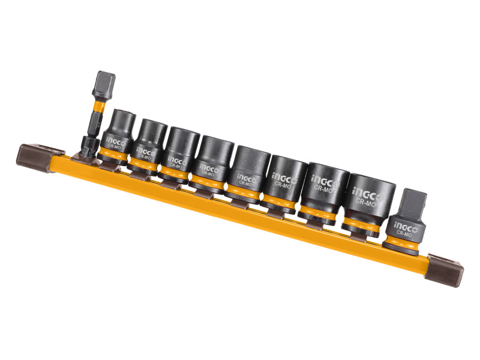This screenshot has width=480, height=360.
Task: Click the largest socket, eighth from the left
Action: [x=370, y=198]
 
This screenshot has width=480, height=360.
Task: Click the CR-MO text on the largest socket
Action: [x=364, y=202]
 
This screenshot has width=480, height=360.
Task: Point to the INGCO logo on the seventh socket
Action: [x=322, y=178]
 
